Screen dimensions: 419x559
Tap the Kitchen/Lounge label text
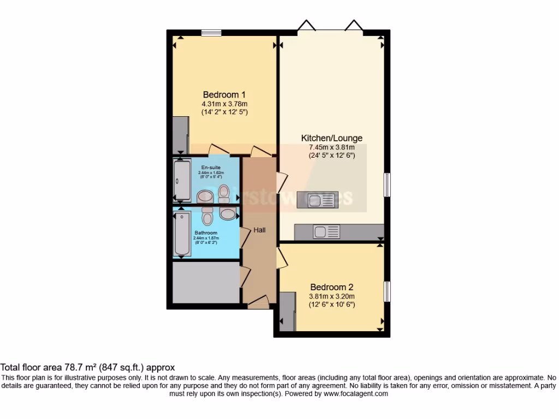tap(332, 138)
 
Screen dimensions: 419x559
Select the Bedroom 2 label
tap(332, 287)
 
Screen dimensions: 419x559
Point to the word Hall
tap(259, 230)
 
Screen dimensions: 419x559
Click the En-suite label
tap(211, 167)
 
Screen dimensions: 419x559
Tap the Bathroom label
tap(205, 233)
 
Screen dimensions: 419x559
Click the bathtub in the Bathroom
tap(181, 235)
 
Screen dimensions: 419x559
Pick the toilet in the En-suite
tap(223, 192)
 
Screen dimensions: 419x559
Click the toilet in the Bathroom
tap(207, 218)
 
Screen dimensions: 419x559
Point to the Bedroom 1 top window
tap(211, 33)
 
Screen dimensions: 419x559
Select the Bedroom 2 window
tap(386, 291)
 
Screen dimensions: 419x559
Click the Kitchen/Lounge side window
tap(386, 184)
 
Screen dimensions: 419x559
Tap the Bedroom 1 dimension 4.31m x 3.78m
tap(224, 104)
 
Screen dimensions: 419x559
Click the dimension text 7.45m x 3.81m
tap(332, 147)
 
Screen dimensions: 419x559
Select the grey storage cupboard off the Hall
tap(206, 282)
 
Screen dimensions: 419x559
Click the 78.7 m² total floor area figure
tap(79, 368)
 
